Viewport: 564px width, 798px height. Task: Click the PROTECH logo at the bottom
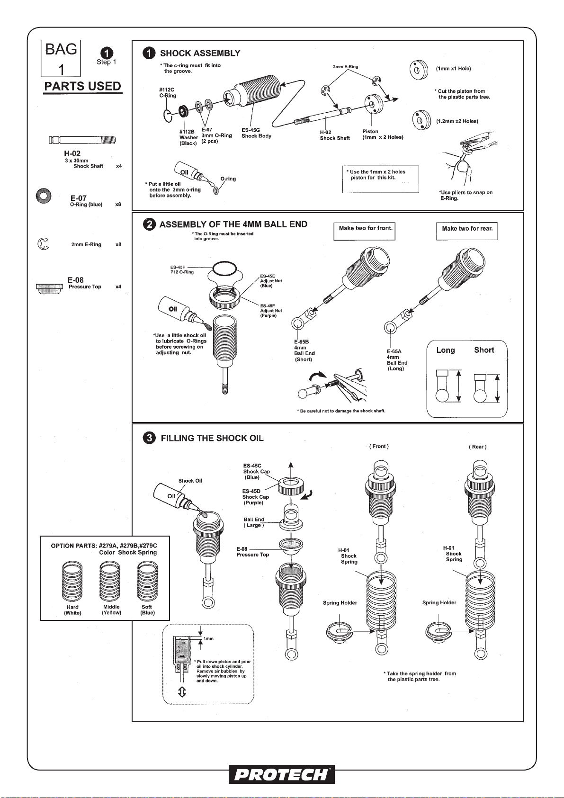coord(282,774)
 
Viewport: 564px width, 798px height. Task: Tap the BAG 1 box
coord(61,59)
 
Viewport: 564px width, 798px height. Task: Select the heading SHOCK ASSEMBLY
coord(200,53)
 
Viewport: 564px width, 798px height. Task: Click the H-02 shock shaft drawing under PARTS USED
coord(82,140)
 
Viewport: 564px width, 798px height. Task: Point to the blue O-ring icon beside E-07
coord(43,195)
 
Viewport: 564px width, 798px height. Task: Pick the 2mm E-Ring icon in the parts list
coord(43,244)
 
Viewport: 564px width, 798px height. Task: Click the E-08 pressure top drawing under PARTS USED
coord(49,288)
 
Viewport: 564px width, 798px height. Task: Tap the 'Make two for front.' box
coord(365,231)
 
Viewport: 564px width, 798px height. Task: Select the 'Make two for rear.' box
coord(467,232)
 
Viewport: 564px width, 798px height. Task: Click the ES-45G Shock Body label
coord(257,133)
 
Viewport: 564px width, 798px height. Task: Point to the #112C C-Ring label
coord(168,92)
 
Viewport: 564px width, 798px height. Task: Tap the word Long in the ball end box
coord(446,350)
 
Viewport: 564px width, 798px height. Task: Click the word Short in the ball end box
coord(484,350)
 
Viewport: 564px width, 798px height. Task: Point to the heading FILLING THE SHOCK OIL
coord(212,438)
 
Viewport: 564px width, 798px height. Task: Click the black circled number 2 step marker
coord(149,224)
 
